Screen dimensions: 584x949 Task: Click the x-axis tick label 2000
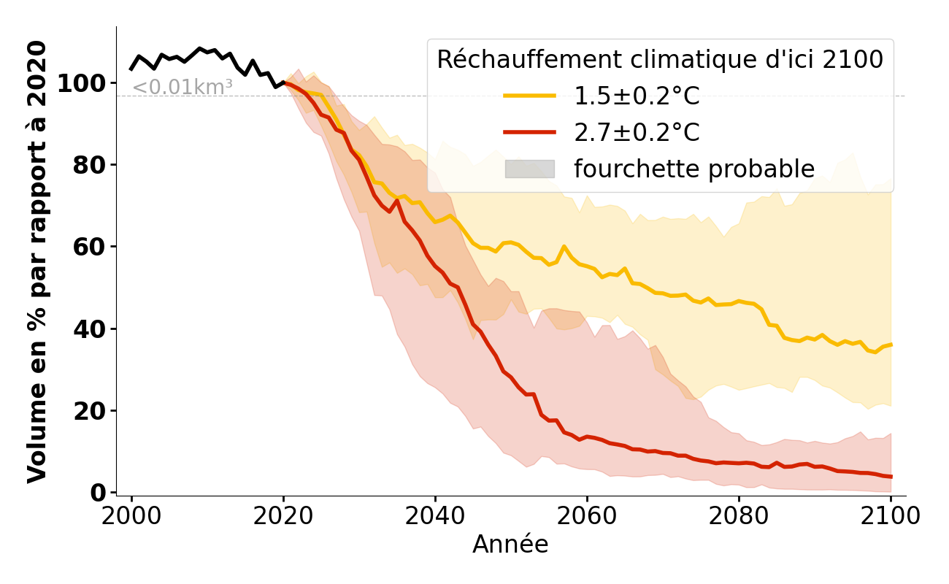click(x=131, y=516)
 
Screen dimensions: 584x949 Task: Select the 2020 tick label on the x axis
click(x=283, y=516)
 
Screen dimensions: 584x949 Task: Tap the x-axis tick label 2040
click(x=435, y=516)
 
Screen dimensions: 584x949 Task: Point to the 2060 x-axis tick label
click(x=587, y=516)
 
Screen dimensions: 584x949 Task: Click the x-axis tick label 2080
click(x=739, y=516)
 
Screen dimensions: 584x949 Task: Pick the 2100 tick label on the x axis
click(x=891, y=516)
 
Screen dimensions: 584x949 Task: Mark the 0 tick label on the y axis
click(x=99, y=493)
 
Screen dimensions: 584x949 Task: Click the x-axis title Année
click(x=510, y=545)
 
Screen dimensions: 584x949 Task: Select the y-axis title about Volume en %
click(x=37, y=261)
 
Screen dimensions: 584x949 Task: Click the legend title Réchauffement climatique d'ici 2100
click(x=660, y=60)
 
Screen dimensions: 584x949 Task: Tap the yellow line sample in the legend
click(x=529, y=96)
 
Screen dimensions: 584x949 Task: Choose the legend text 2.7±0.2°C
click(x=637, y=133)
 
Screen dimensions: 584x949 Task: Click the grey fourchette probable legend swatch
click(x=529, y=169)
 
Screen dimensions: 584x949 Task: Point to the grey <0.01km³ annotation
click(x=182, y=87)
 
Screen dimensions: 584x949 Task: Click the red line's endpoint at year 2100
click(x=891, y=477)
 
